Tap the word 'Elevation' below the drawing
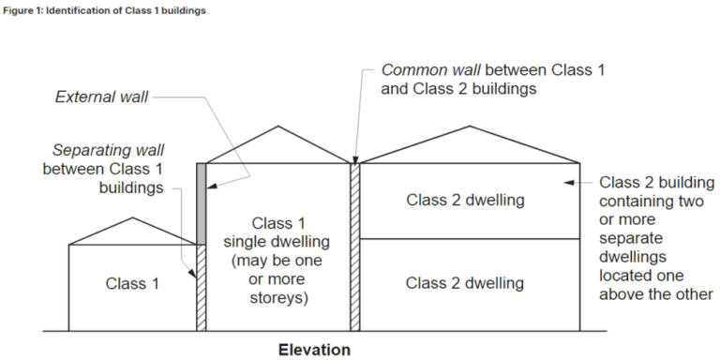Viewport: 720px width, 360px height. (x=314, y=350)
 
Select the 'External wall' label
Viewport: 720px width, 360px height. (x=101, y=97)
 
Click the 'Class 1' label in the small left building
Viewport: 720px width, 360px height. (x=132, y=282)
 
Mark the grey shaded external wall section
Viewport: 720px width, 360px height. (x=202, y=203)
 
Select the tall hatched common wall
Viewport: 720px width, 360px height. (x=355, y=247)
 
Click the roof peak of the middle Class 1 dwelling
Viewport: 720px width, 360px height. (x=278, y=125)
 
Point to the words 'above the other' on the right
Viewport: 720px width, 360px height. (x=656, y=294)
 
